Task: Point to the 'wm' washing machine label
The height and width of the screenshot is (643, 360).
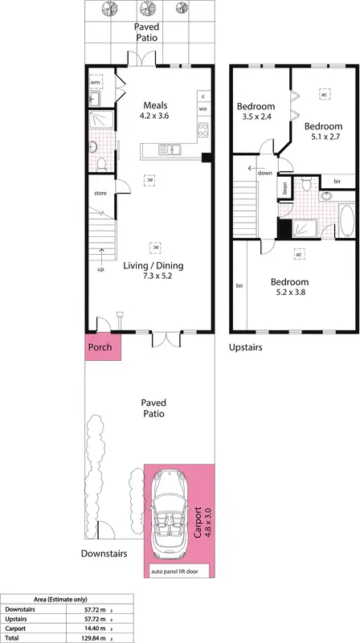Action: click(95, 82)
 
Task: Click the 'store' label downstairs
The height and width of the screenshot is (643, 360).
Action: click(100, 193)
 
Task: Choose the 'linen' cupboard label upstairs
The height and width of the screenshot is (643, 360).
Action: click(284, 190)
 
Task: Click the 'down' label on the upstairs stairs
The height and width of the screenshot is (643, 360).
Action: click(265, 172)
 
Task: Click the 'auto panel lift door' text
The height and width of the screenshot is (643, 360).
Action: click(178, 571)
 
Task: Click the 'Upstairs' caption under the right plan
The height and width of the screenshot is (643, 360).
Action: click(246, 348)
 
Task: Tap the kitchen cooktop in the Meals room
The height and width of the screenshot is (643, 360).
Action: click(203, 129)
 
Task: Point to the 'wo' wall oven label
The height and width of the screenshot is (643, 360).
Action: click(203, 109)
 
